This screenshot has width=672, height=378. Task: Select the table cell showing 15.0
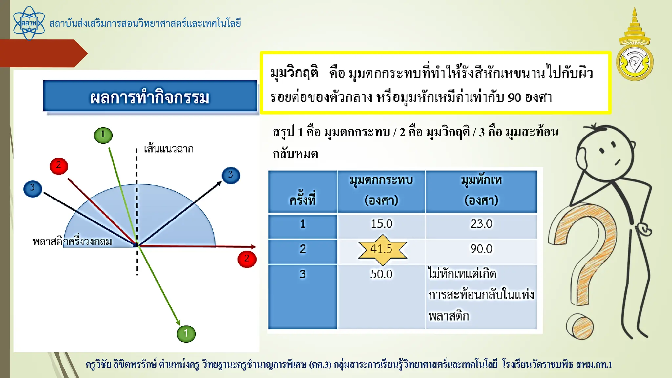coord(381,224)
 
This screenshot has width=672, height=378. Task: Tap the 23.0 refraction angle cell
coord(481,224)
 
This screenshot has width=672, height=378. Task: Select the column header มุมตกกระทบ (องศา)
coord(381,190)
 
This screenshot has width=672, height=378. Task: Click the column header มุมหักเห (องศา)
coord(481,190)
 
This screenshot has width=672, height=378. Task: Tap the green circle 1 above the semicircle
coord(103,135)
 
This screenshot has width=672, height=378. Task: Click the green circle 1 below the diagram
coord(186,334)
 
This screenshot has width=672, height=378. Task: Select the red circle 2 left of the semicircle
coord(59,166)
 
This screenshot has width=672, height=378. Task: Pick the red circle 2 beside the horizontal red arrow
coord(247,259)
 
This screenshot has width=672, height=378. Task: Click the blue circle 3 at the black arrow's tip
coord(231,175)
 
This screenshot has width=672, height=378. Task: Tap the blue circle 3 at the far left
coord(32,188)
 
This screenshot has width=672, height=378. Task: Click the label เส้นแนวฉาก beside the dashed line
coord(169,149)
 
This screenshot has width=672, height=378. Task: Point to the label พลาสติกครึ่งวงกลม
coord(72,241)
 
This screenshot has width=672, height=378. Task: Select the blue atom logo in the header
coord(29,23)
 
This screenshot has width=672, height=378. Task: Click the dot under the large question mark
coord(580,326)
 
